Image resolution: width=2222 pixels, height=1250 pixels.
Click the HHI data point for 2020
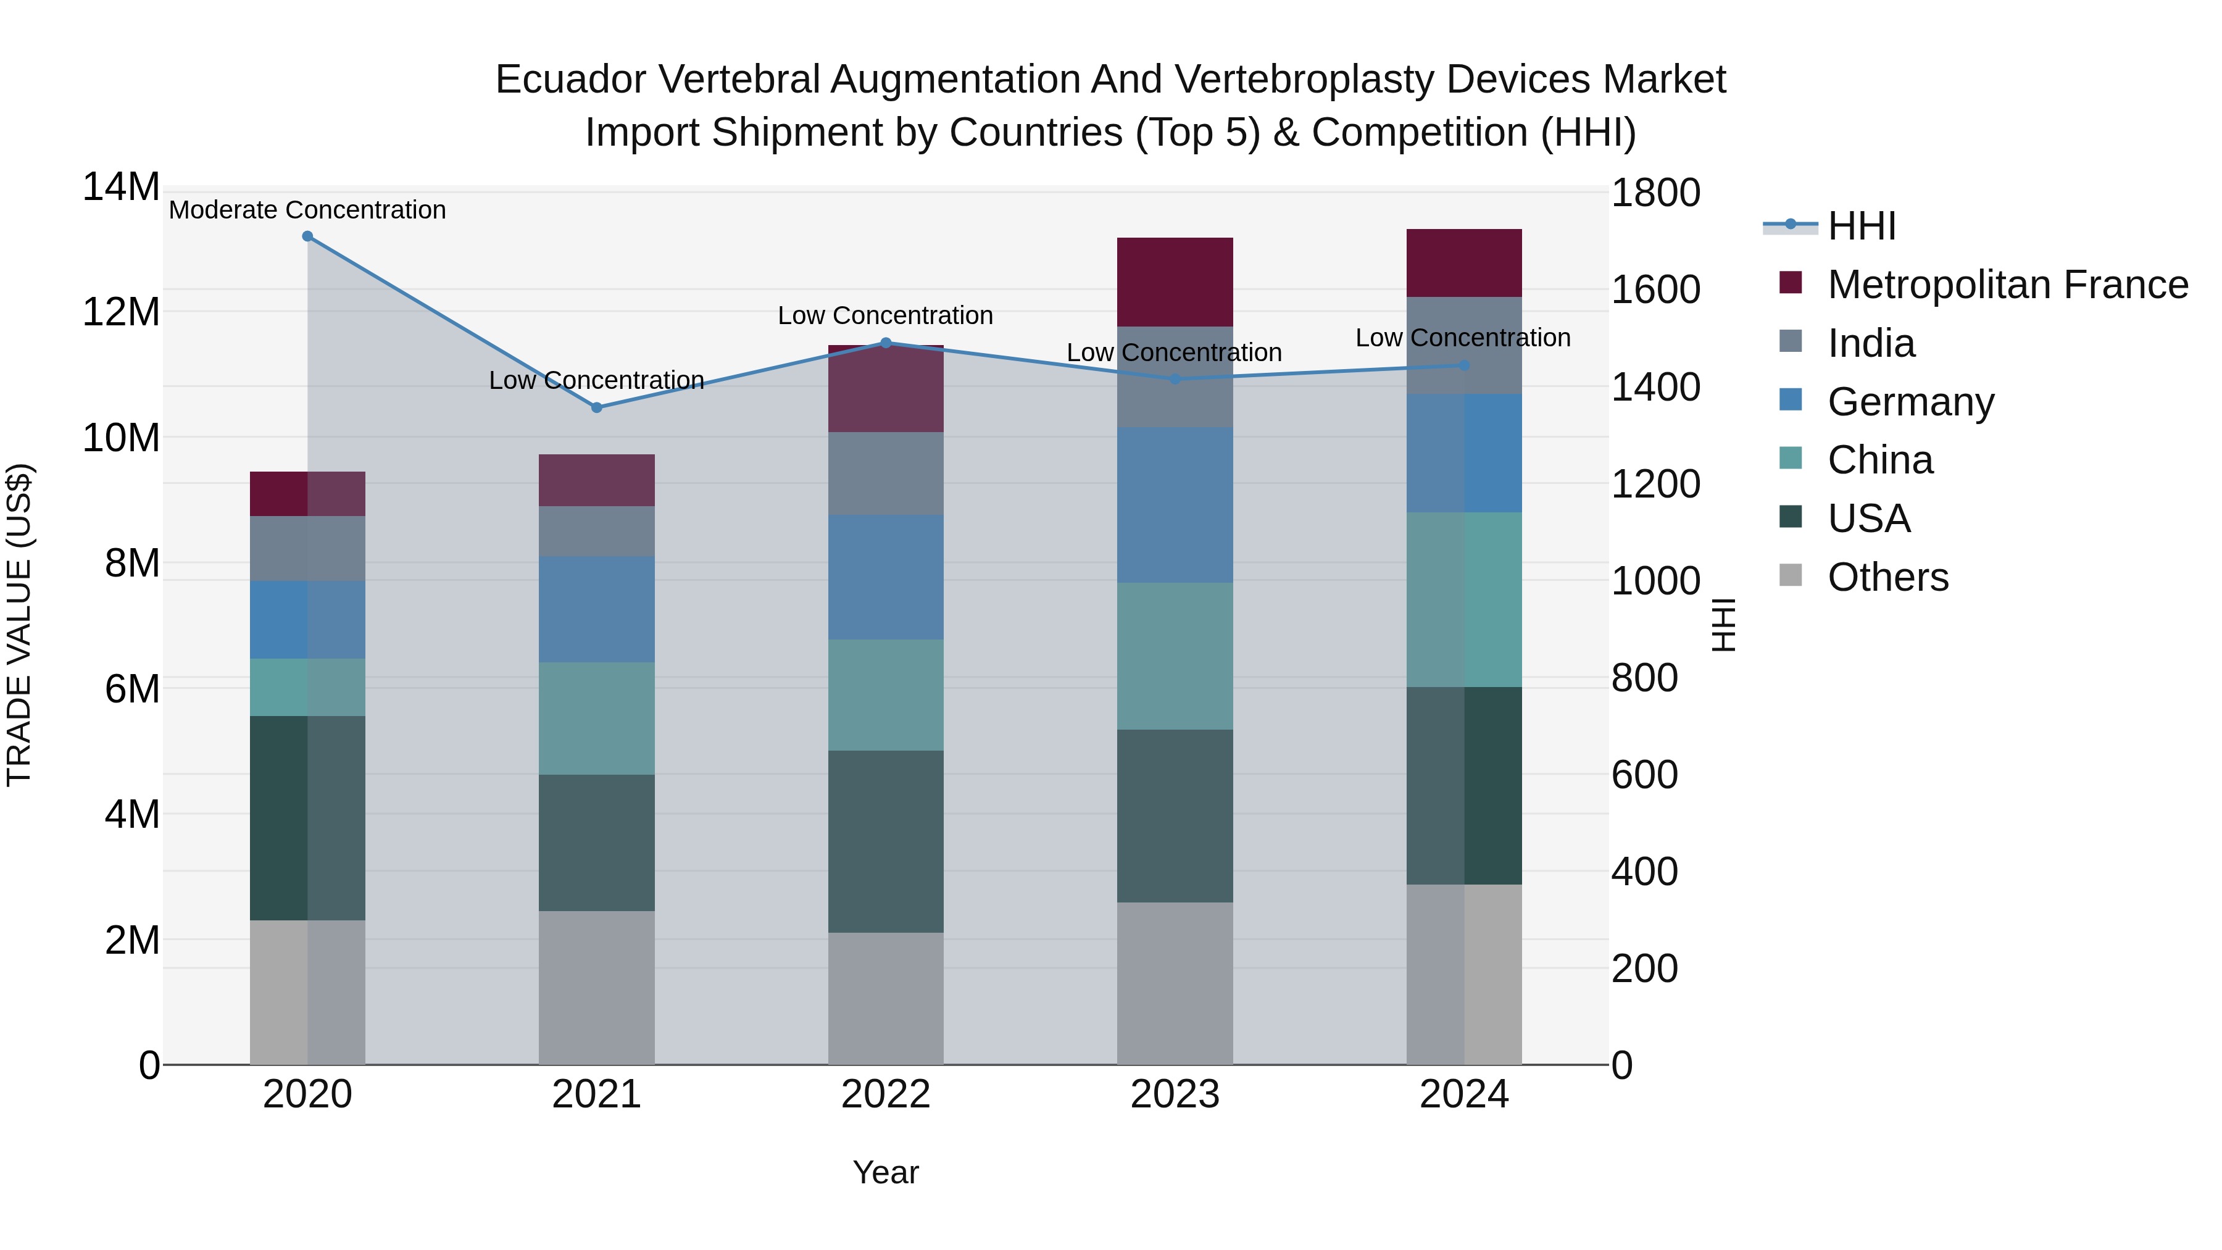[x=307, y=236]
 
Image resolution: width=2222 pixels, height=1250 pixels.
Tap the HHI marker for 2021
[x=596, y=407]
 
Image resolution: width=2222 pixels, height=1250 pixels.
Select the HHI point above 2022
[x=885, y=343]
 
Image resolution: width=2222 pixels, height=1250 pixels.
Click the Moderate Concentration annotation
[x=307, y=210]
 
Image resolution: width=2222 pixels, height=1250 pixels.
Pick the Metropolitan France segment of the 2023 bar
[x=1174, y=281]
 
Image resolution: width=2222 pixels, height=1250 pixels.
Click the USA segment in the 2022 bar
[x=885, y=841]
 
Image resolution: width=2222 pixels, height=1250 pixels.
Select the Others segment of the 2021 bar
[x=596, y=987]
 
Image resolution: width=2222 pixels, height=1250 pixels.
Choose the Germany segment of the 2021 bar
[x=596, y=609]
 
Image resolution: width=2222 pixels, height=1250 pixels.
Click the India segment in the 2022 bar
[x=885, y=473]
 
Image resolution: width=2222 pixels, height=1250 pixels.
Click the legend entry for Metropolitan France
[x=2007, y=285]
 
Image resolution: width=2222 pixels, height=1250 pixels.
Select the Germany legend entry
[x=1910, y=402]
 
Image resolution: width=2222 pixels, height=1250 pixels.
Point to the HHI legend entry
[x=1860, y=226]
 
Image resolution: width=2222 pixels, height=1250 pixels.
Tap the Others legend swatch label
[x=1887, y=577]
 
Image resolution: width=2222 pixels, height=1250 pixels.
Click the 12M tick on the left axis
[x=121, y=312]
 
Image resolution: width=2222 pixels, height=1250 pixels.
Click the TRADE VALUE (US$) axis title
[x=19, y=625]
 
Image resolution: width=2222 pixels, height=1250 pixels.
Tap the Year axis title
[x=885, y=1172]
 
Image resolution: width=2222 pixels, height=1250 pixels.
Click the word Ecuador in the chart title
[x=570, y=80]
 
